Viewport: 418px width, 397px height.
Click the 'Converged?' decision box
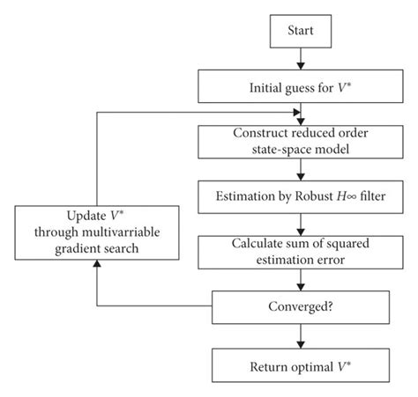302,307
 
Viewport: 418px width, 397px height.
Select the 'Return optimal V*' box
302,362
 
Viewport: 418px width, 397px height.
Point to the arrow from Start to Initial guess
302,61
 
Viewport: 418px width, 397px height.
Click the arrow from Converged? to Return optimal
302,335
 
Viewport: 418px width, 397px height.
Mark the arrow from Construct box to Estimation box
302,166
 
